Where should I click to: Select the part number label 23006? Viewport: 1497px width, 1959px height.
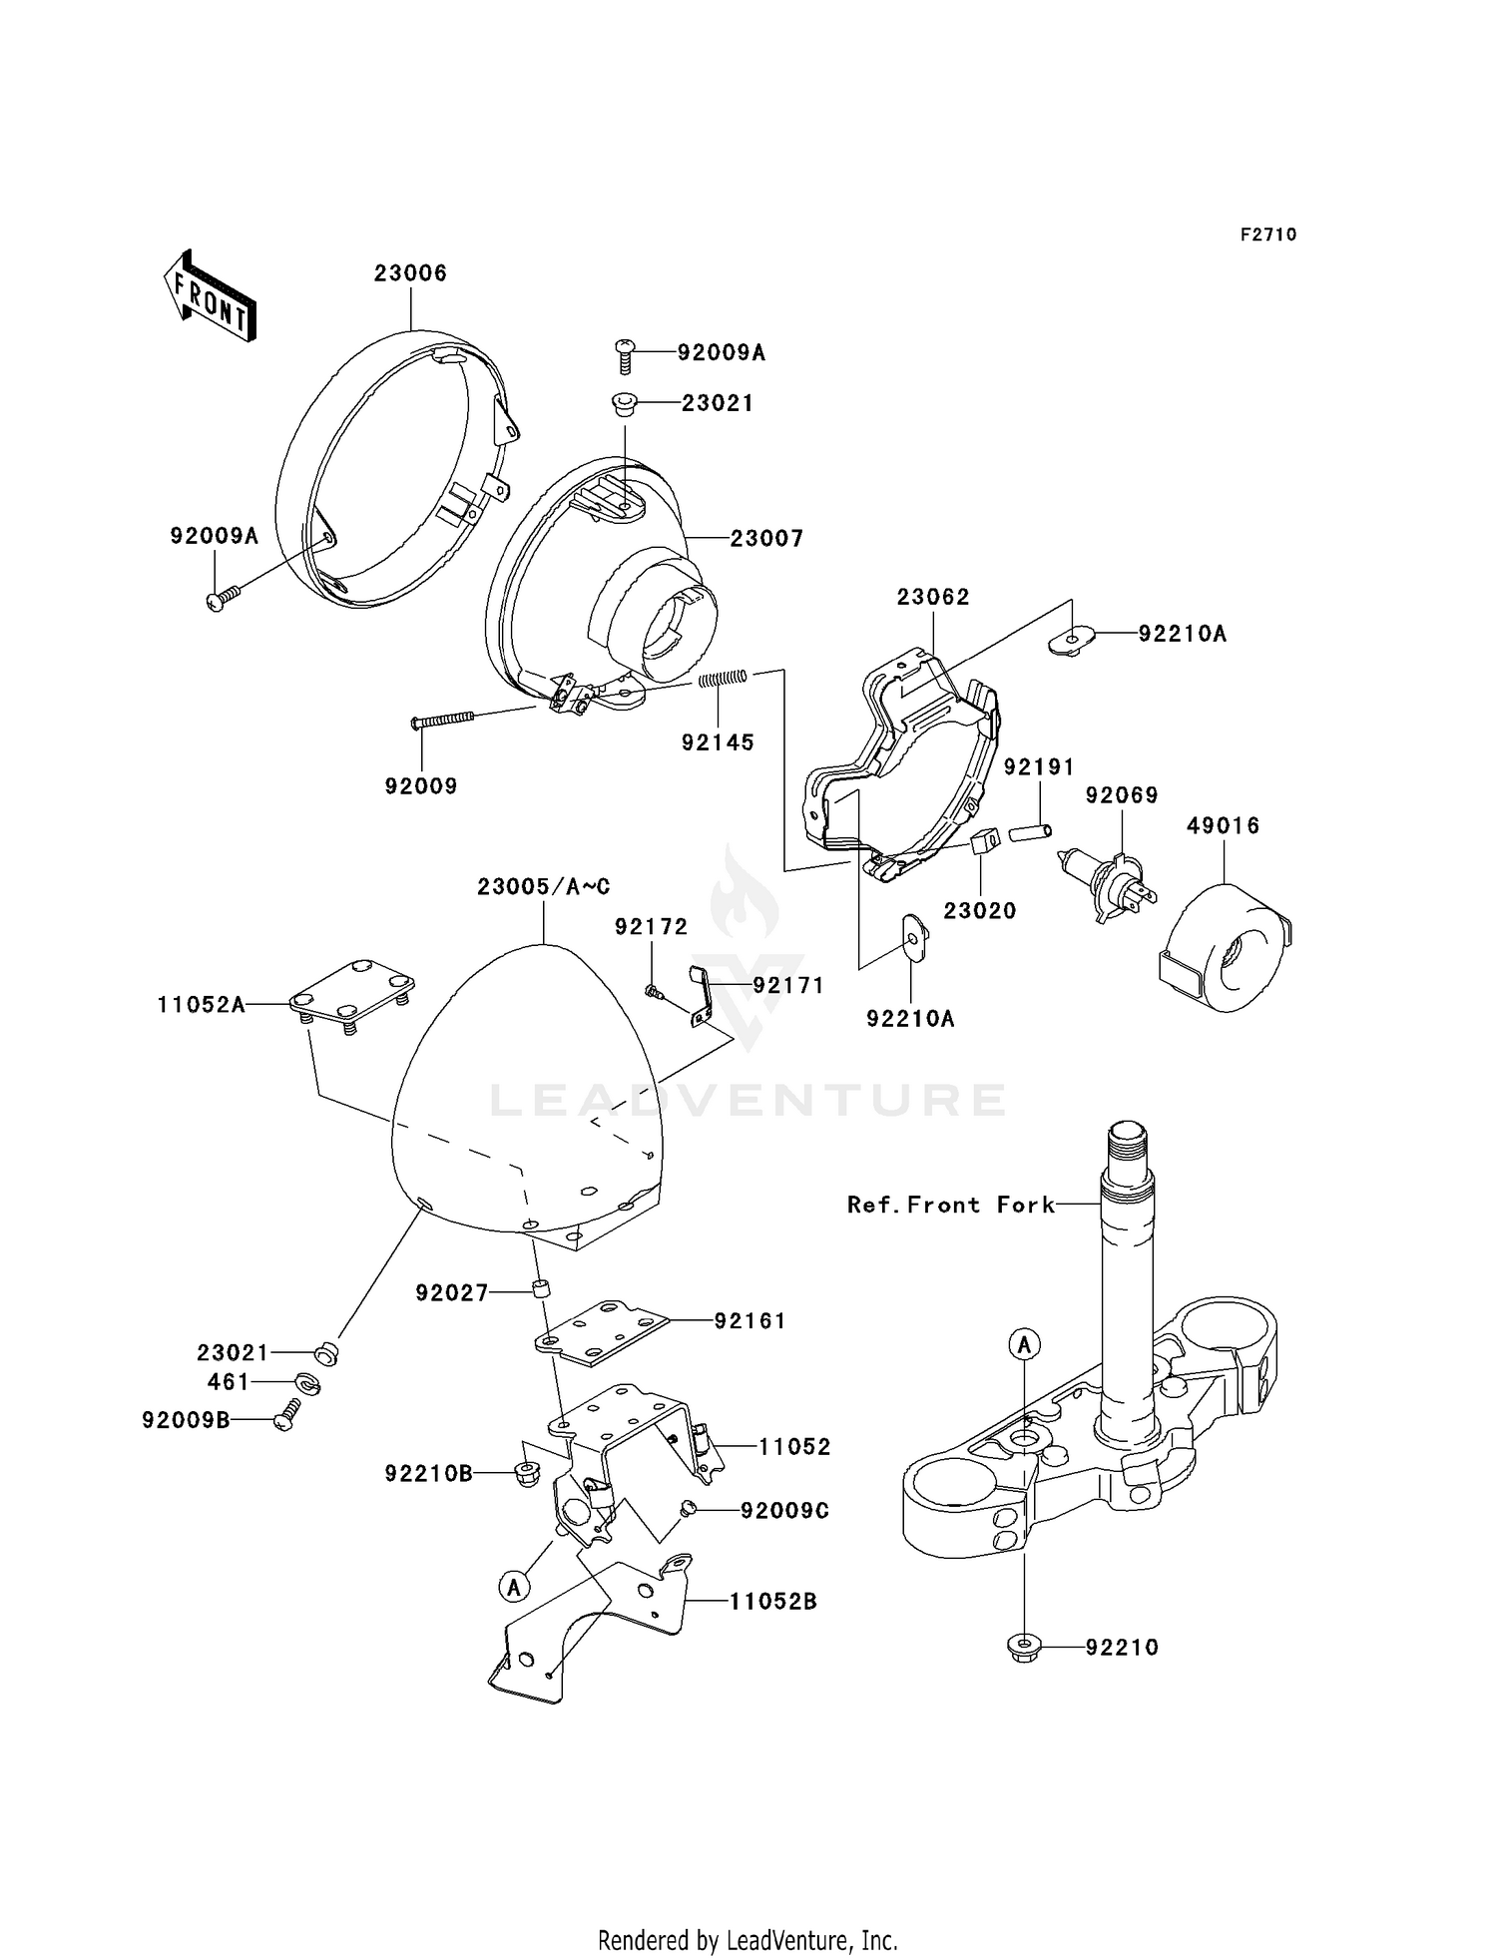coord(411,272)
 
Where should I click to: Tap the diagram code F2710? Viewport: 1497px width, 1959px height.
coord(1268,235)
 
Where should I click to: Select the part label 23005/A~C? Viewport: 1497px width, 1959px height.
coord(543,886)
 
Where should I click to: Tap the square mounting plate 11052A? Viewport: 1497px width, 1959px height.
coord(352,995)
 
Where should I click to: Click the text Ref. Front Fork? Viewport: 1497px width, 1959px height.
coord(950,1205)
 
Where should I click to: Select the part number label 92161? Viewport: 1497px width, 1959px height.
coord(750,1320)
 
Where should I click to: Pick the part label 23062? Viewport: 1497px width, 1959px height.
coord(933,596)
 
